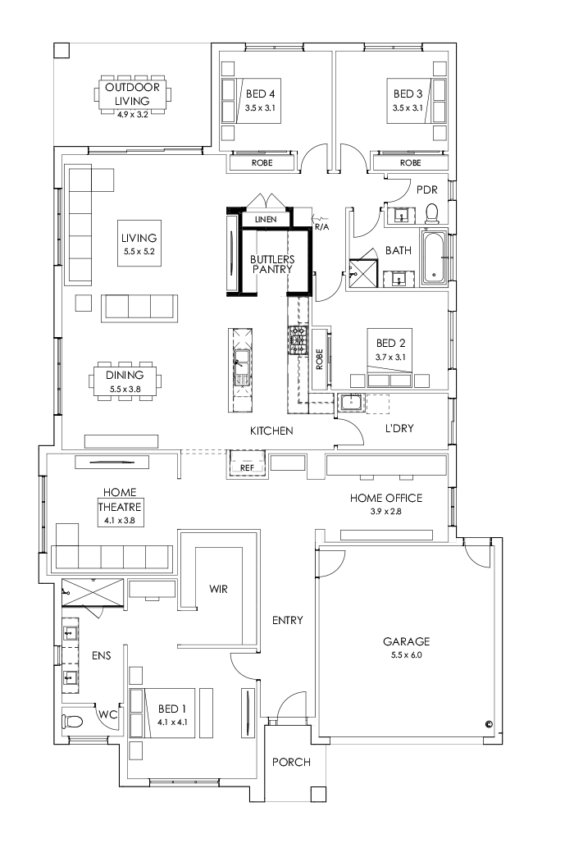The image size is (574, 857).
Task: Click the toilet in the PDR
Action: pos(433,214)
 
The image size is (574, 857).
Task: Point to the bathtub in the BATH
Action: pos(434,258)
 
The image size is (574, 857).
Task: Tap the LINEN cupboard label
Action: pos(266,220)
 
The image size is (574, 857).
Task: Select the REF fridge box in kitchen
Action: pos(247,468)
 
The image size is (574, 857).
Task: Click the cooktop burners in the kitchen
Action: pos(296,339)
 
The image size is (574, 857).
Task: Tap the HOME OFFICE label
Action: pos(385,498)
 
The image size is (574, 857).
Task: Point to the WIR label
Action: pos(218,589)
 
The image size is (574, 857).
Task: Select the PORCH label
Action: pos(291,763)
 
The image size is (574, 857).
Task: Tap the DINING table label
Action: pos(125,375)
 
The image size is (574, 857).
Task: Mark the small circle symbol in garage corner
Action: pos(488,724)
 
